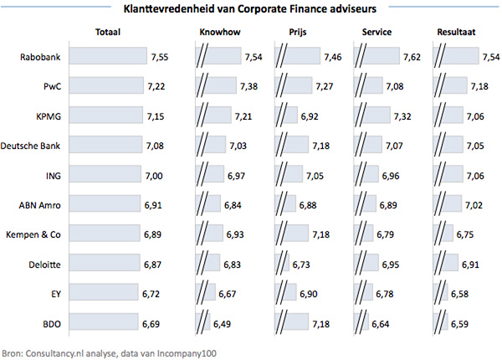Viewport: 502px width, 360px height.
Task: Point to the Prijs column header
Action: coord(289,33)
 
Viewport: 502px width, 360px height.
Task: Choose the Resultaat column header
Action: coord(458,33)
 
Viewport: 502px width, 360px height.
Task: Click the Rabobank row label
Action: coord(41,57)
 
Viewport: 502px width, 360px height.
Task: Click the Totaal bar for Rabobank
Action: coord(108,57)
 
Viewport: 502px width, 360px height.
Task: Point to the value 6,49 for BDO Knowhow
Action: coord(223,323)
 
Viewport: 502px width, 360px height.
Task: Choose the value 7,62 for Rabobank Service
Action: coord(412,57)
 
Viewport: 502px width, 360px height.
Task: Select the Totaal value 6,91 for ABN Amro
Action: coord(158,205)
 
